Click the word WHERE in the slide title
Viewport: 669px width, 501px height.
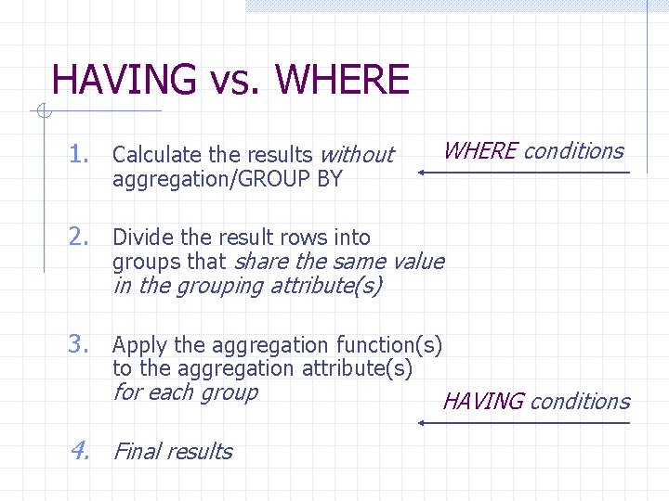(342, 80)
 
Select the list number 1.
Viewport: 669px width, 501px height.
(78, 154)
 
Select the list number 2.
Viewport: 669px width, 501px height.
(78, 238)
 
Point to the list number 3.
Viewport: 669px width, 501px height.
(78, 345)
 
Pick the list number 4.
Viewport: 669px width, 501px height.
(78, 451)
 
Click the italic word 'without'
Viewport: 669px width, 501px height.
(357, 155)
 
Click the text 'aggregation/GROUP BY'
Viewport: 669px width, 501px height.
(228, 178)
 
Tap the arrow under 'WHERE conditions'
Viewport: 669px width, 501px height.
(524, 173)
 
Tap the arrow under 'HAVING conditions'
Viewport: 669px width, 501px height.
(524, 423)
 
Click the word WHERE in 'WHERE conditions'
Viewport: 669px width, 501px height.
(480, 151)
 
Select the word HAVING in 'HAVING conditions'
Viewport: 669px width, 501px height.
(483, 402)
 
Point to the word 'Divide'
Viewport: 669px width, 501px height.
(140, 238)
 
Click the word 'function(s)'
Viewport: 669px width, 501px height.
(389, 346)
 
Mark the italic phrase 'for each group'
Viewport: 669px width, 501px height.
(185, 392)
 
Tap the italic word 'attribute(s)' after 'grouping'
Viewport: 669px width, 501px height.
(325, 286)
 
